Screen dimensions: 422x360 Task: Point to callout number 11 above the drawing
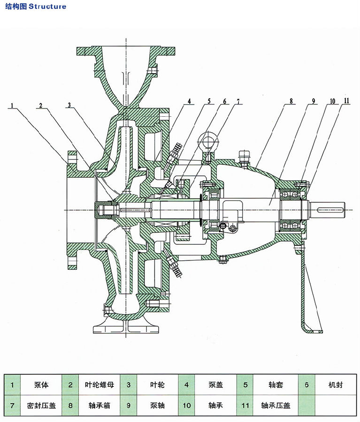(x=347, y=101)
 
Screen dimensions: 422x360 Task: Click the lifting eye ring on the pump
(x=208, y=139)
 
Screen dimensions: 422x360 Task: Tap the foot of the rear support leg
(x=312, y=330)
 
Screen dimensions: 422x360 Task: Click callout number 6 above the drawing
(x=224, y=101)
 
